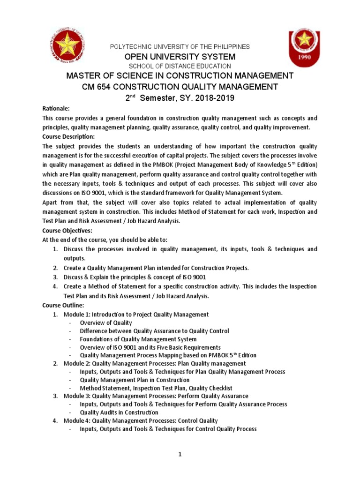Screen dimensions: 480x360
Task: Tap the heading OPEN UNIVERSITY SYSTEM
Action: (180, 56)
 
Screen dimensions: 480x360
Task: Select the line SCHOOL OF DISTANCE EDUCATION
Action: (180, 66)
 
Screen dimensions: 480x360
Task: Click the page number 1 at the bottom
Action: (180, 454)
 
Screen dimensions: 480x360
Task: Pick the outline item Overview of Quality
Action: (106, 322)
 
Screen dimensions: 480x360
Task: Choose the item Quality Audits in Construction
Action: (119, 412)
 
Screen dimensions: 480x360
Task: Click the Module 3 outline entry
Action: (156, 396)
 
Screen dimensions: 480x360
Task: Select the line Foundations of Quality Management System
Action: (138, 339)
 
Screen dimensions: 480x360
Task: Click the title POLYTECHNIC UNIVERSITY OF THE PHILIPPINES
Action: (180, 47)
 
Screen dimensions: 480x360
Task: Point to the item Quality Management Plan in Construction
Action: (135, 380)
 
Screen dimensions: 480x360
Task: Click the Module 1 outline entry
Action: (136, 314)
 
